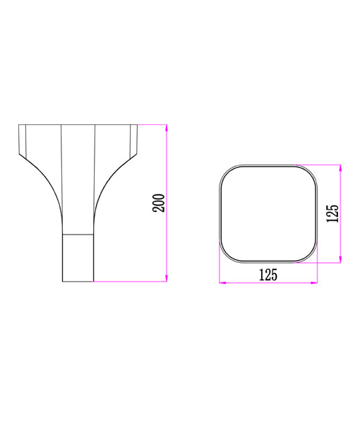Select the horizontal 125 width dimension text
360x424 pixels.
(x=268, y=275)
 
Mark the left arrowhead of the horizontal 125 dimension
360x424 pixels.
(x=223, y=283)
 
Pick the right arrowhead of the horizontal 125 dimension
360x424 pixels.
(x=313, y=283)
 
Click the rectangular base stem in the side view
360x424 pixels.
(x=78, y=257)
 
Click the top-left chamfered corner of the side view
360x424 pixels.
(x=22, y=141)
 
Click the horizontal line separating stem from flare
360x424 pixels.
(x=78, y=232)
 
